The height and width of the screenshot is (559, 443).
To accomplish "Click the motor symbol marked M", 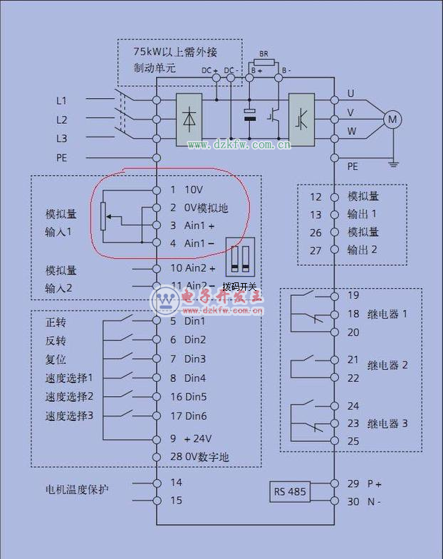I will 392,119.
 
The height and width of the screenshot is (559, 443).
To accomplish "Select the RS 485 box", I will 288,492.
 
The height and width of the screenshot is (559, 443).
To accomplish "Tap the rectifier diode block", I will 190,119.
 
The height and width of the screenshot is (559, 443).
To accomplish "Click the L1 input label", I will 62,101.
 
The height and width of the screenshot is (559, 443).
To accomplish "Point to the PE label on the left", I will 62,158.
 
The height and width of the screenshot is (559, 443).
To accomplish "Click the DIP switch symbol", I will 239,257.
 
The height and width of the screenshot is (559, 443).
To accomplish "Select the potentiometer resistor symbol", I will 104,216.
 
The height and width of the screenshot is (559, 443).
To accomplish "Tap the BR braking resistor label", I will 264,54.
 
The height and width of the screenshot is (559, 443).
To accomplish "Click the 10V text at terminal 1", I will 194,190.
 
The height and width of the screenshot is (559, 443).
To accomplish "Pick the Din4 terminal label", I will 195,378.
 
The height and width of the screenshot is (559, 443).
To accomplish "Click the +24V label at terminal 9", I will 198,439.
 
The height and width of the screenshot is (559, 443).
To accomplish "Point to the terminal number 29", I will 353,484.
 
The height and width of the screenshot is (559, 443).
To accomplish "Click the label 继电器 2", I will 387,366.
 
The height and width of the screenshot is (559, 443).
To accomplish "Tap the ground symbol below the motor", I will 392,164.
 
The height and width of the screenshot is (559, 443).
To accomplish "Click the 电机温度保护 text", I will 78,489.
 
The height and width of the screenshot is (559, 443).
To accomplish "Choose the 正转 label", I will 56,322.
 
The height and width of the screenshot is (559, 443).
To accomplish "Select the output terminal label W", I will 351,131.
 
